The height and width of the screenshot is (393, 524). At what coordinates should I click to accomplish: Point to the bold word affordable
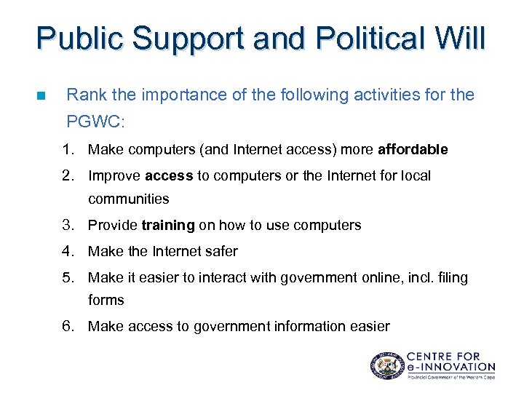[x=413, y=150]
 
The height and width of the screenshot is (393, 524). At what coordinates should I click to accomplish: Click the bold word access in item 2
[x=168, y=176]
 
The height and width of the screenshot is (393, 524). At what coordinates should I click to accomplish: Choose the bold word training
[x=168, y=226]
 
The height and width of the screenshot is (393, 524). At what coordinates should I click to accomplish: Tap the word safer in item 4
[x=221, y=252]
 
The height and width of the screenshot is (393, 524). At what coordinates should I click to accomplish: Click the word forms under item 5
[x=106, y=301]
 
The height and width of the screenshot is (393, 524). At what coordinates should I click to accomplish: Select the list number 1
[x=68, y=150]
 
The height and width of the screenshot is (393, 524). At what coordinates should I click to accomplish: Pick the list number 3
[x=68, y=226]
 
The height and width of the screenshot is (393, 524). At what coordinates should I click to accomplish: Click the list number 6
[x=68, y=327]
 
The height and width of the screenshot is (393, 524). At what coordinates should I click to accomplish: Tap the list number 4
[x=68, y=252]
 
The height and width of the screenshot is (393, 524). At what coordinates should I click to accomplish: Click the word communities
[x=128, y=199]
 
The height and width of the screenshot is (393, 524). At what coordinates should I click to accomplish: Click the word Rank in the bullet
[x=84, y=95]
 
